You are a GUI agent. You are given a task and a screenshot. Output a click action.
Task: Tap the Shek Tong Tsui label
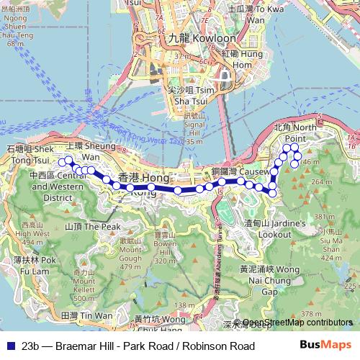point(30,153)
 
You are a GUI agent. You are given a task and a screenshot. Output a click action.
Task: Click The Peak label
point(93,226)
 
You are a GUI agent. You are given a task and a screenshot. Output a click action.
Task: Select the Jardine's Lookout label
point(266,229)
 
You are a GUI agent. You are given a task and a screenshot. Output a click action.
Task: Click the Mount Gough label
point(130,253)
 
